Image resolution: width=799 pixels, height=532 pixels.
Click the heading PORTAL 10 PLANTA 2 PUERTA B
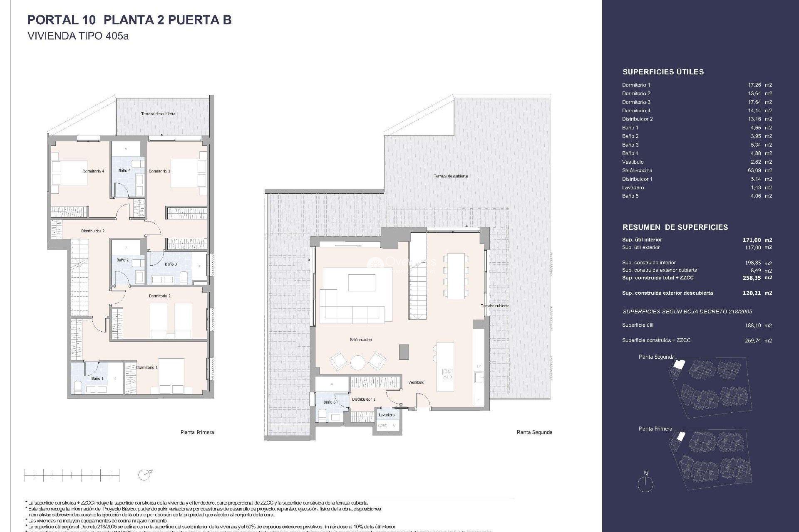[x=129, y=20]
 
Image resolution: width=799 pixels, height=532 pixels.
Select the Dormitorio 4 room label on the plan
[x=93, y=171]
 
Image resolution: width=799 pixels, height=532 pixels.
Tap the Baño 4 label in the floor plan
[x=124, y=170]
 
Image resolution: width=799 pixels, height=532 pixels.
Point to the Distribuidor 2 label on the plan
[x=93, y=231]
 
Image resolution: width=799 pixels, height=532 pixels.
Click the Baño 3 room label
[x=171, y=264]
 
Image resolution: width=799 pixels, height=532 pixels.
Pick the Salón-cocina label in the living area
[x=361, y=340]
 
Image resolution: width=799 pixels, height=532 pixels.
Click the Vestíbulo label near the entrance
[x=416, y=382]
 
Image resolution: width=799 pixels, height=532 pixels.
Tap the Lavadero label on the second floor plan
[x=387, y=415]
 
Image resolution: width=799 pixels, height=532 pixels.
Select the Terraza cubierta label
[x=495, y=306]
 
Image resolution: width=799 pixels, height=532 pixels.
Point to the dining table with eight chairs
[x=456, y=276]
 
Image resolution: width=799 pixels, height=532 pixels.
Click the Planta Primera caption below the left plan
[x=197, y=432]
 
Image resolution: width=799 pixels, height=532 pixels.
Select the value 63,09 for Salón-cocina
[x=754, y=170]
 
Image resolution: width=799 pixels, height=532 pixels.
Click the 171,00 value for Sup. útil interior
[x=752, y=240]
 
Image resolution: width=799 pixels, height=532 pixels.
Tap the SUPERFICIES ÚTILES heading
[x=663, y=72]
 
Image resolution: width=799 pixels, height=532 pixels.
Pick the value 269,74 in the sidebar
[x=752, y=340]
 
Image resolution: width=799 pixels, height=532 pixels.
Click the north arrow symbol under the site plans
[x=645, y=483]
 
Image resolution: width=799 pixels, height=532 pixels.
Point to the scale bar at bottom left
[x=72, y=475]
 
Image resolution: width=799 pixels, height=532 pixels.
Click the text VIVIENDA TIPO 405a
[x=78, y=36]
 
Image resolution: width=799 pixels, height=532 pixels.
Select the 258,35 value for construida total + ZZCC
[x=752, y=278]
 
